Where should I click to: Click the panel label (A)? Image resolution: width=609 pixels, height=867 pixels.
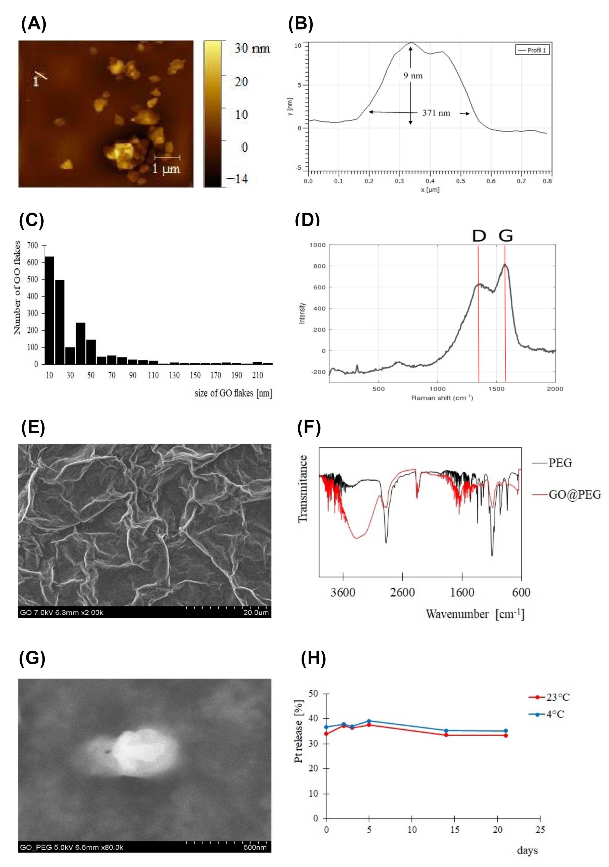point(34,24)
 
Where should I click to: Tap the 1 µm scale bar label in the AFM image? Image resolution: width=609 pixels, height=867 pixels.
point(166,168)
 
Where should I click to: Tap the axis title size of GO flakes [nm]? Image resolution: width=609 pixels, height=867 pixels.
point(233,393)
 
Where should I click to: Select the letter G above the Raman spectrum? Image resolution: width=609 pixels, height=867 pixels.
point(505,236)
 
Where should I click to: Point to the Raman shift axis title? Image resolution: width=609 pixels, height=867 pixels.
point(441,398)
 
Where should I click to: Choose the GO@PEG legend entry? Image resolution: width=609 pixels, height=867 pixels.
point(574,494)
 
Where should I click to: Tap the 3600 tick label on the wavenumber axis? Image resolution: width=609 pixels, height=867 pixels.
point(343,592)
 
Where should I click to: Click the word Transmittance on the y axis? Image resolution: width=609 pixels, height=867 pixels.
point(303,489)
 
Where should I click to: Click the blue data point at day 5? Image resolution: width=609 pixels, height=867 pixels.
point(369,721)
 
